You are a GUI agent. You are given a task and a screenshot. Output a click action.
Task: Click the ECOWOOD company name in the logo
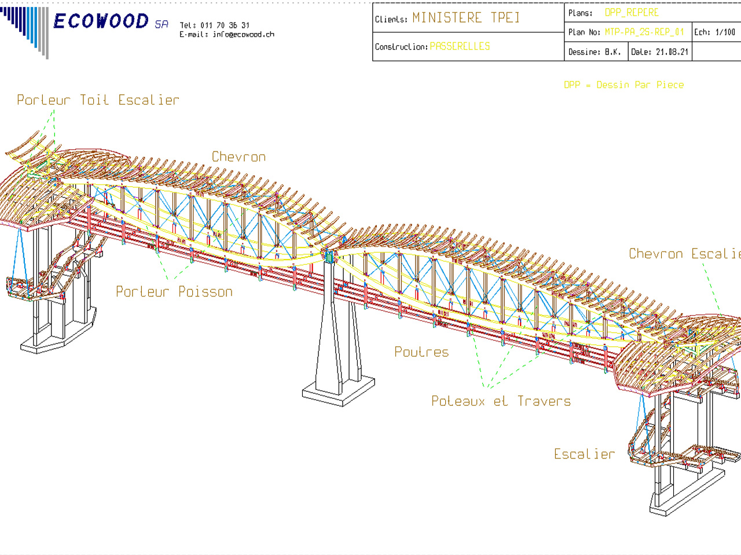(101, 21)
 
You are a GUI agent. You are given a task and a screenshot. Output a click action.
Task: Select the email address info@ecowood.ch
(243, 35)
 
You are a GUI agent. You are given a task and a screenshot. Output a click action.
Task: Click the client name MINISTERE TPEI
(466, 18)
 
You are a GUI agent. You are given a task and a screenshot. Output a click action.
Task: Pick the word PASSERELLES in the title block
(460, 46)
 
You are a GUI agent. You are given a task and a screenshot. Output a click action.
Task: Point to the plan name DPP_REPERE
(632, 13)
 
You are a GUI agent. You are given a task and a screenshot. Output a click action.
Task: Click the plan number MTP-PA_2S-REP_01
(644, 32)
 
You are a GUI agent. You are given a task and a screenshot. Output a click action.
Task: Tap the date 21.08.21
(672, 52)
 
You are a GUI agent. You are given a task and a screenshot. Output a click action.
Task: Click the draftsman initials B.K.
(612, 52)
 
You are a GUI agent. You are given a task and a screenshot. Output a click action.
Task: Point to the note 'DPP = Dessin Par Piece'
(624, 85)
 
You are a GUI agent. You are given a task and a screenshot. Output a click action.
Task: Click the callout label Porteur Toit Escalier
(98, 101)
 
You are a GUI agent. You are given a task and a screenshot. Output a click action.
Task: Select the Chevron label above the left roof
(239, 157)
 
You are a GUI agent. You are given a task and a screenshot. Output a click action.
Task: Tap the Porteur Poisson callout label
(174, 292)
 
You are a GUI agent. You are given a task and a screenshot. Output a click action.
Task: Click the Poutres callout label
(421, 352)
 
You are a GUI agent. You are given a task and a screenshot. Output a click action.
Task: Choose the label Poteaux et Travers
(501, 401)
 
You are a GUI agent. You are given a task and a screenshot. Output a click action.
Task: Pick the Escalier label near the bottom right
(584, 454)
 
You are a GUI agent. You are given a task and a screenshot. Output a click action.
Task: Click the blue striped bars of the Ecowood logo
(26, 29)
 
